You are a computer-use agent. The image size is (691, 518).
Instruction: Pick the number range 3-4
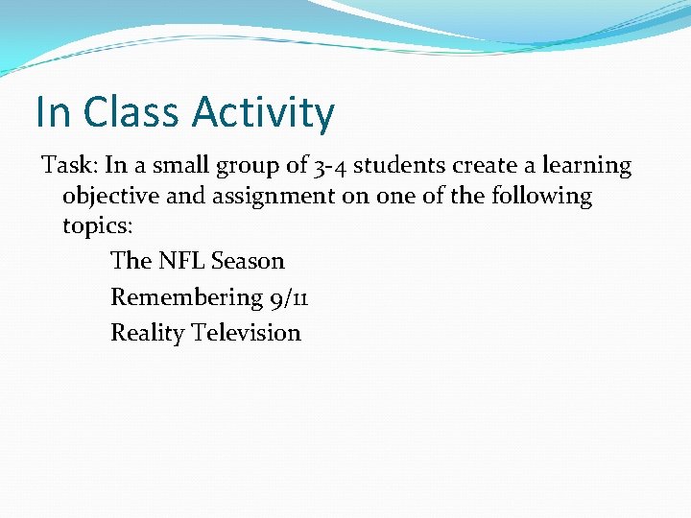coord(330,166)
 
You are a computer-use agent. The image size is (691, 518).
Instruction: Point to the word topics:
coord(94,226)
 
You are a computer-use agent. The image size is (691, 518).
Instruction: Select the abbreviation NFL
coord(181,261)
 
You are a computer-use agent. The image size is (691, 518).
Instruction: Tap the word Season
coord(248,261)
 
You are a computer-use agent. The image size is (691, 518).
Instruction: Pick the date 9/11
coord(288,298)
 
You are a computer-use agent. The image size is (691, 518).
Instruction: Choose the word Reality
coord(147,334)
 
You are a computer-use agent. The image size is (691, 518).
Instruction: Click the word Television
coord(246,333)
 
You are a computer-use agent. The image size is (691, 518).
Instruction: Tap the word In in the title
coord(54,112)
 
